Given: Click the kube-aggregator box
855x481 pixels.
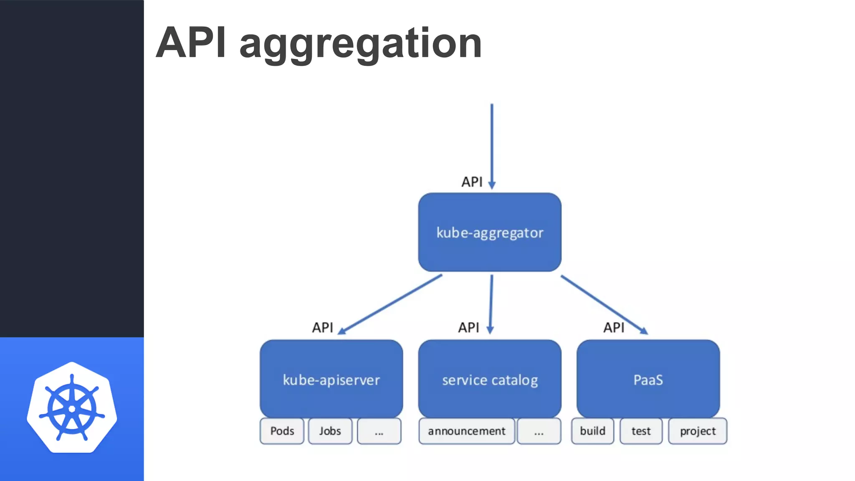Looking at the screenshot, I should pos(490,232).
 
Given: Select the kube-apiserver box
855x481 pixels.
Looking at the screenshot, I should pos(331,379).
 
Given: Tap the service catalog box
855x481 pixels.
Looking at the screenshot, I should pos(490,379).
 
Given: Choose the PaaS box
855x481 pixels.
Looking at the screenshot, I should pos(648,379).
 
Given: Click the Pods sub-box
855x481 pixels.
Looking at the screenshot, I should pos(282,431).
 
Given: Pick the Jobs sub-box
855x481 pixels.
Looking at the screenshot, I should pos(330,431).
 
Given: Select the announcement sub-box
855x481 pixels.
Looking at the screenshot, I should pos(466,431).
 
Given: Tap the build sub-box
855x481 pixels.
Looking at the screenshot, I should pos(592,431).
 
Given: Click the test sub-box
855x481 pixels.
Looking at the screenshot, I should pos(641,431).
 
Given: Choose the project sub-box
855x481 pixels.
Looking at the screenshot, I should pos(698,431).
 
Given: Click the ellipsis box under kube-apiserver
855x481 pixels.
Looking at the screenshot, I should pos(379,431).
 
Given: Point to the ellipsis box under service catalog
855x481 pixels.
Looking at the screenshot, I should pos(539,431).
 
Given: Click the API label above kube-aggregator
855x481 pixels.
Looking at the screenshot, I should pos(472,182).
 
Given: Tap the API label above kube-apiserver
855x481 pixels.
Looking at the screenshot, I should pos(322,327).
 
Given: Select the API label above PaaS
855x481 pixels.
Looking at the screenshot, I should pos(614,327).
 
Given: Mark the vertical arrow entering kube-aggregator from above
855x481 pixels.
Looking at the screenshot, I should pos(492,146).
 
